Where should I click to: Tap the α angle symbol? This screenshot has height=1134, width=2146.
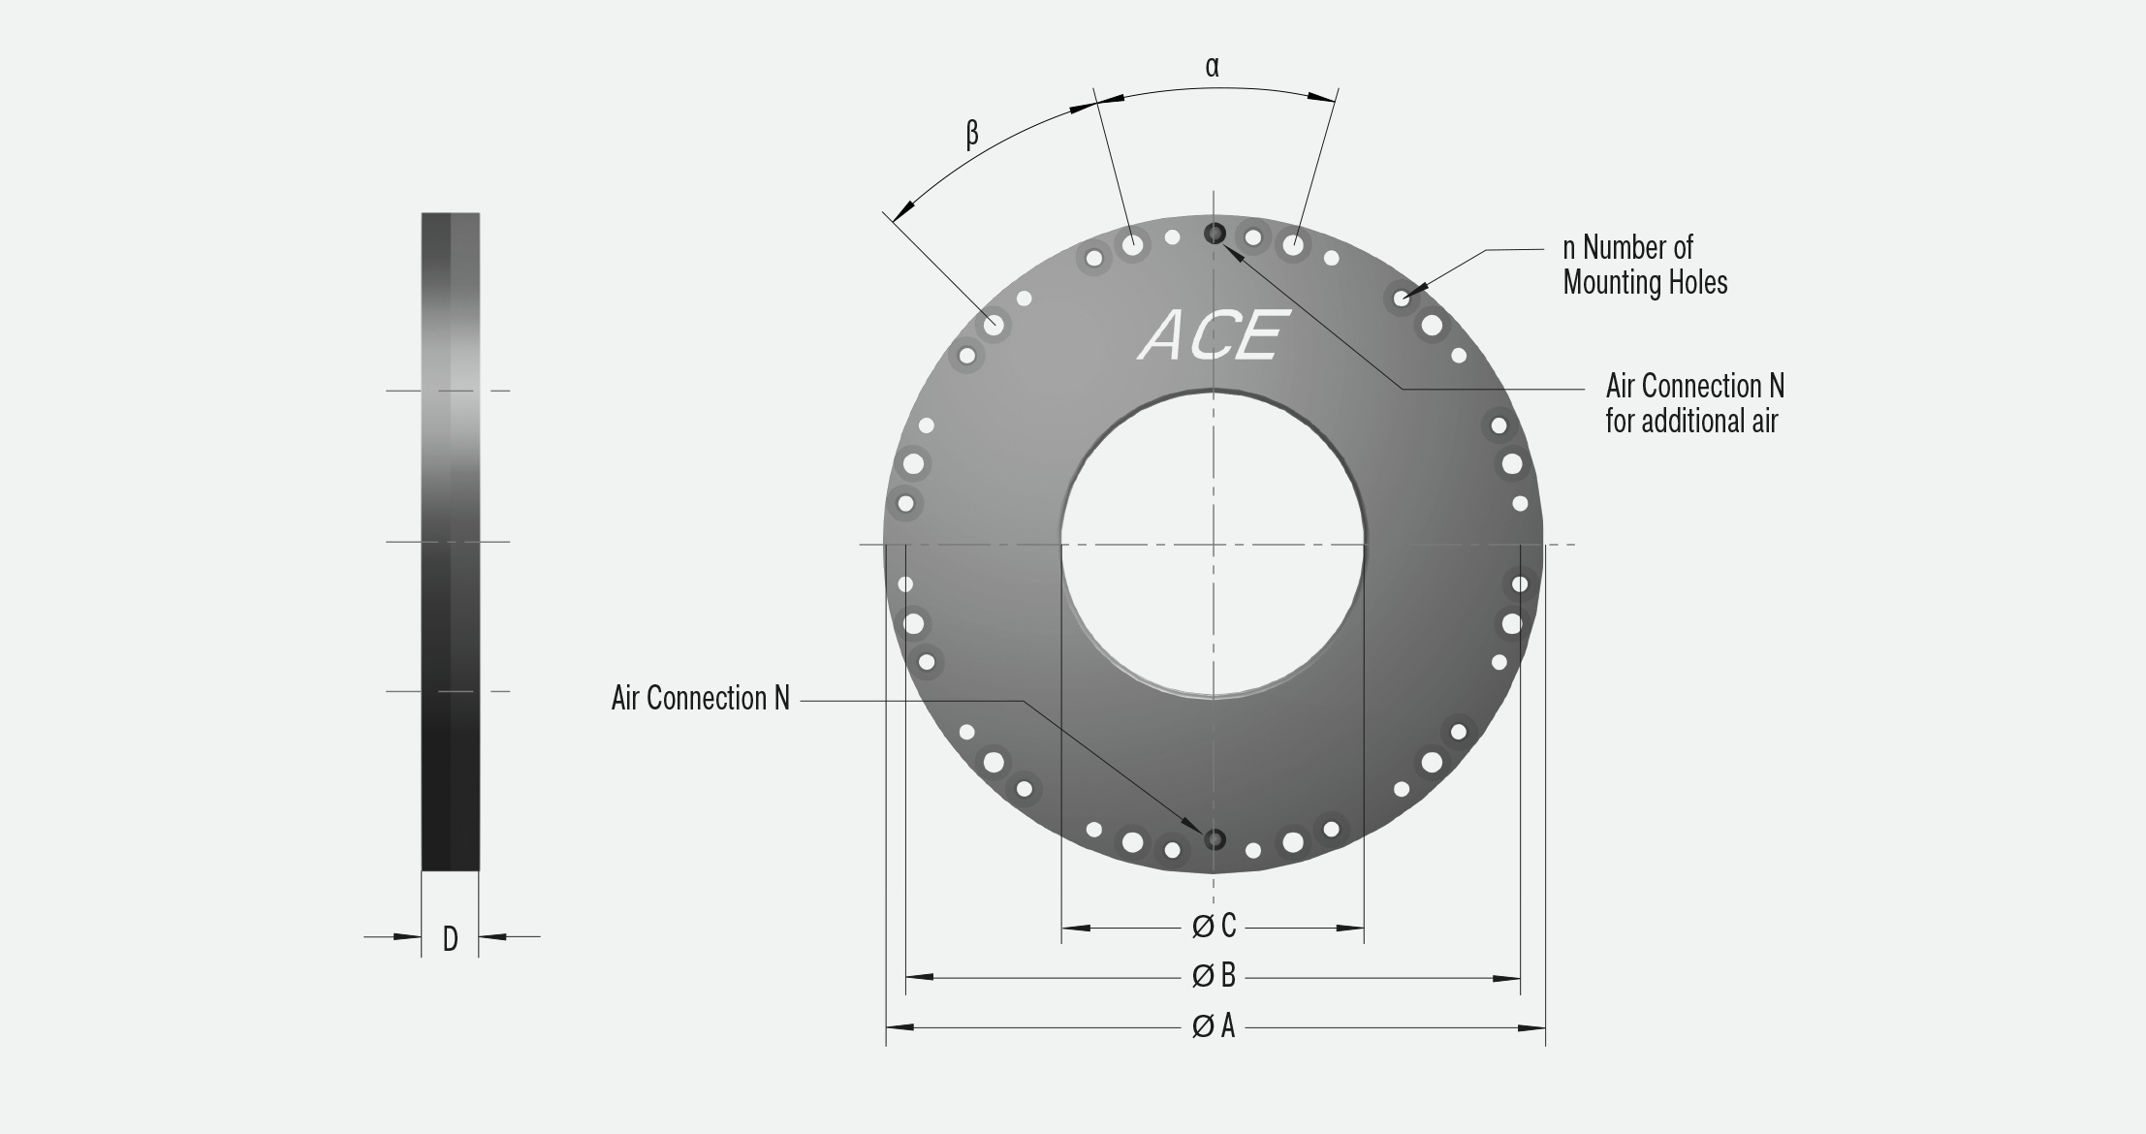click(1213, 67)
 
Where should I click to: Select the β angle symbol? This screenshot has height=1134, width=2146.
click(972, 133)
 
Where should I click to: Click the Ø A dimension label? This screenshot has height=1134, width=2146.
click(1214, 1025)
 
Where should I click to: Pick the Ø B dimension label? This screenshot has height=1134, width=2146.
click(1214, 976)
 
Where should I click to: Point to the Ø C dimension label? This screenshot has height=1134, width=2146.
click(1214, 927)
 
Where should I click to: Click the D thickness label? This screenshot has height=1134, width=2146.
click(450, 938)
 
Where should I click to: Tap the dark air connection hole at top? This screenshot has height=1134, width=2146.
click(1215, 234)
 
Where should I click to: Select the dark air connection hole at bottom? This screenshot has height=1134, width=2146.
click(1215, 839)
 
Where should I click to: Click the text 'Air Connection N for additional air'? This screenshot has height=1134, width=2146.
click(1694, 403)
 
